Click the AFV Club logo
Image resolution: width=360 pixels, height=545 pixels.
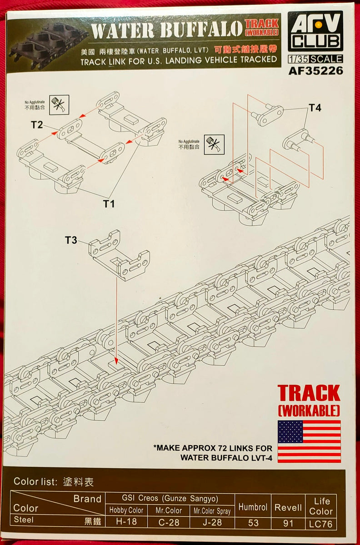pos(315,31)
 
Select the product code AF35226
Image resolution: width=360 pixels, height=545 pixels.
pos(315,70)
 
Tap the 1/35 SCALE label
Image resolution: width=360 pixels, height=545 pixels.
pos(315,59)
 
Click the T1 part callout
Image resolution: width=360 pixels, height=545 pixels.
pos(108,204)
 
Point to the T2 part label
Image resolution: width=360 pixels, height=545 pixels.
pos(37,124)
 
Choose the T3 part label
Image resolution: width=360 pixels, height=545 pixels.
pos(71,240)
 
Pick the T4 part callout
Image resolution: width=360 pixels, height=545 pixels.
pos(315,108)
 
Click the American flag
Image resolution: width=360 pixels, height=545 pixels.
pos(309,441)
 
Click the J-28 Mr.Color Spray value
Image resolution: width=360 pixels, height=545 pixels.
pos(211,522)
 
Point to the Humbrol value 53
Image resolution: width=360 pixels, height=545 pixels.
pos(252,522)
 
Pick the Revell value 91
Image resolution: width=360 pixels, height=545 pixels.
pos(288,522)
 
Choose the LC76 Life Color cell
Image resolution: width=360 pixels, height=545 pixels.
pos(321,523)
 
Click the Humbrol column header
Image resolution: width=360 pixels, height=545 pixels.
pos(252,507)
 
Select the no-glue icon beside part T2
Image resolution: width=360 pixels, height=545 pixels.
pos(60,105)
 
